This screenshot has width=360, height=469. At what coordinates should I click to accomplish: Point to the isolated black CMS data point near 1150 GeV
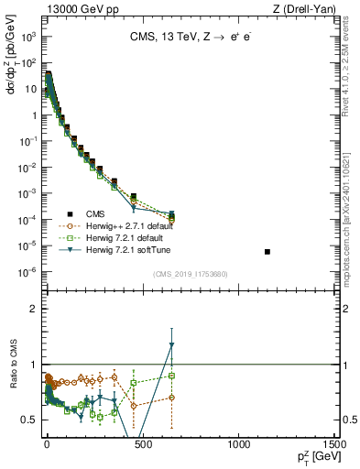[267, 251]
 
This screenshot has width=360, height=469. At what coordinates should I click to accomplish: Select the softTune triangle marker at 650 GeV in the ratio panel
[171, 345]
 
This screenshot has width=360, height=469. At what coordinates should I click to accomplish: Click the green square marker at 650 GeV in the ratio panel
[171, 376]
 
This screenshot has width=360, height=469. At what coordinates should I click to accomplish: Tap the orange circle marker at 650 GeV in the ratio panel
[171, 397]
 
